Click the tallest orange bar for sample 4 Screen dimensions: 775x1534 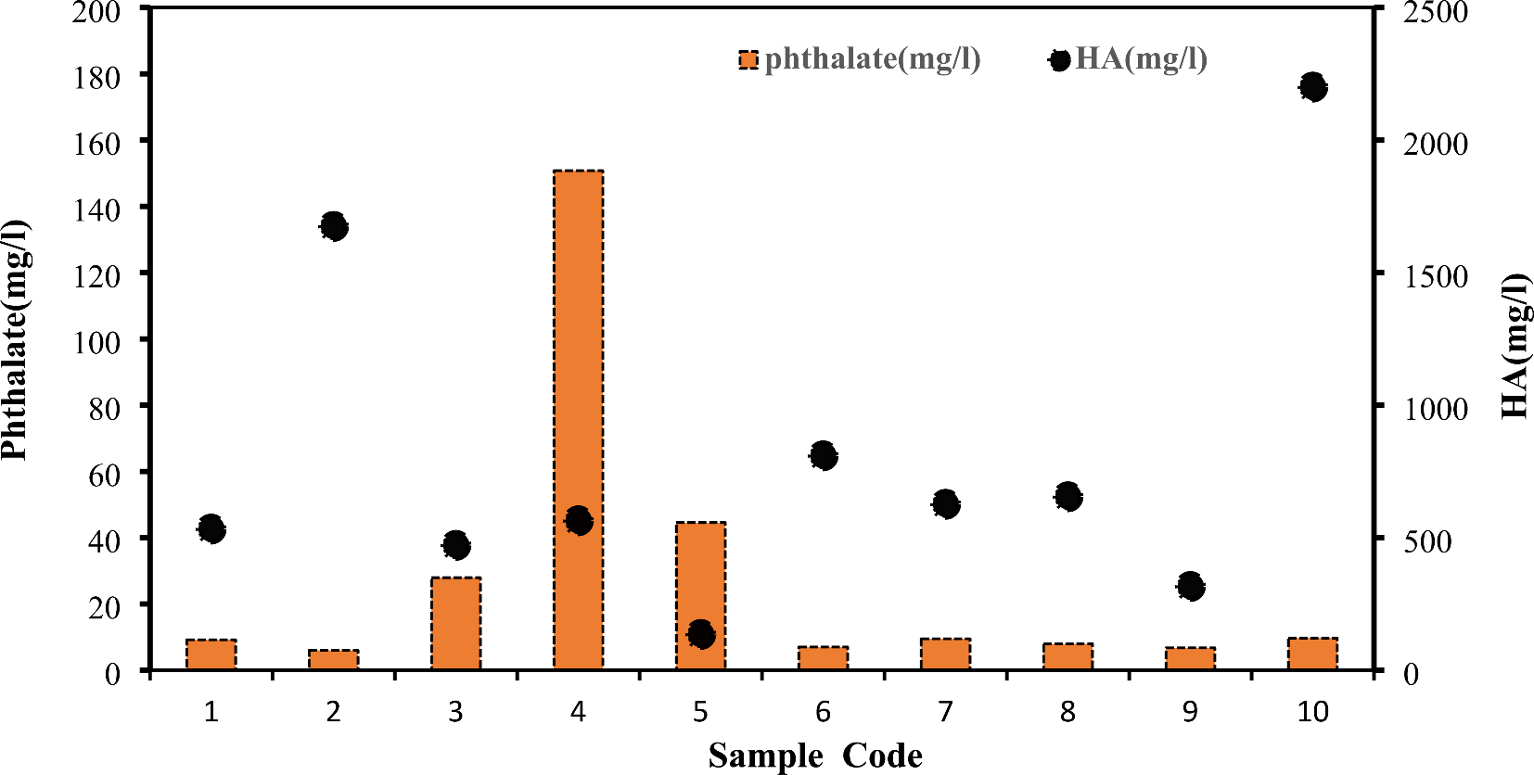click(x=579, y=371)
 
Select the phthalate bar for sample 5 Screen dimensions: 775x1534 click(x=701, y=575)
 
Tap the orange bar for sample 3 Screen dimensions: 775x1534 click(x=456, y=623)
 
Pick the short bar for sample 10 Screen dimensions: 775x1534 click(x=1312, y=654)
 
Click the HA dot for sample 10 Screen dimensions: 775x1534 click(x=1312, y=87)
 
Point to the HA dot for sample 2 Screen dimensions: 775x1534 click(x=334, y=226)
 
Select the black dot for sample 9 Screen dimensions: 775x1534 click(x=1191, y=586)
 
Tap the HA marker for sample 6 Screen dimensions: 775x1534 click(x=824, y=455)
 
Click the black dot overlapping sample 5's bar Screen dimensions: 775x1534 click(x=701, y=635)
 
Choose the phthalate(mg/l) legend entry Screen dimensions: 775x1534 click(x=860, y=59)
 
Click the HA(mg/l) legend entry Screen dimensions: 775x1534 click(x=1129, y=59)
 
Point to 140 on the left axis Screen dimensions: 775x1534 click(x=97, y=210)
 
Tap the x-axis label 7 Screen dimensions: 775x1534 click(x=945, y=712)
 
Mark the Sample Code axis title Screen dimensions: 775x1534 click(x=815, y=756)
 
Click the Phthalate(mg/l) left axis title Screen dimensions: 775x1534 click(x=15, y=339)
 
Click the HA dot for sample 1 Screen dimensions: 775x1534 click(x=211, y=529)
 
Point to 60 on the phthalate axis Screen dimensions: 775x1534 click(x=104, y=475)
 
